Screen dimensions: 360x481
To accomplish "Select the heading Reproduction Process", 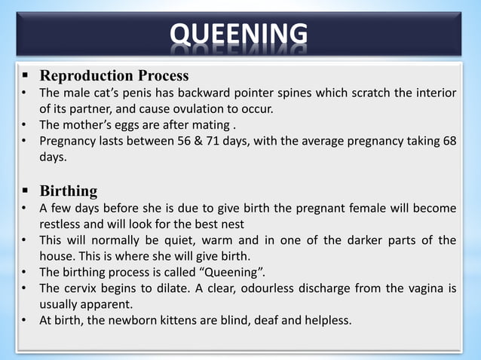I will pos(114,76).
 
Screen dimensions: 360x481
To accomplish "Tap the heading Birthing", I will pos(68,191).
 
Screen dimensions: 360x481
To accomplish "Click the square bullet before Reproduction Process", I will pos(25,76).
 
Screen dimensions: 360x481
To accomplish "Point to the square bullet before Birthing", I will pos(25,191).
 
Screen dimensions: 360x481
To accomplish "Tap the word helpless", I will pos(325,321).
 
